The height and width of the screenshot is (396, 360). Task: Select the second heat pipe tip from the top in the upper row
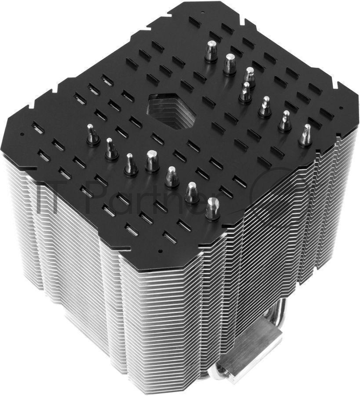(229, 64)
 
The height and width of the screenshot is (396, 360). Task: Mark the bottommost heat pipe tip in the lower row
(212, 208)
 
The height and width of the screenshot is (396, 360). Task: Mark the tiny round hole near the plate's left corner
(22, 134)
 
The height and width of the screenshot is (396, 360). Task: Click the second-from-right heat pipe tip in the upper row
(285, 121)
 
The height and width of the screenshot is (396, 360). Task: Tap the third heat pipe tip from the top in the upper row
(249, 77)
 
